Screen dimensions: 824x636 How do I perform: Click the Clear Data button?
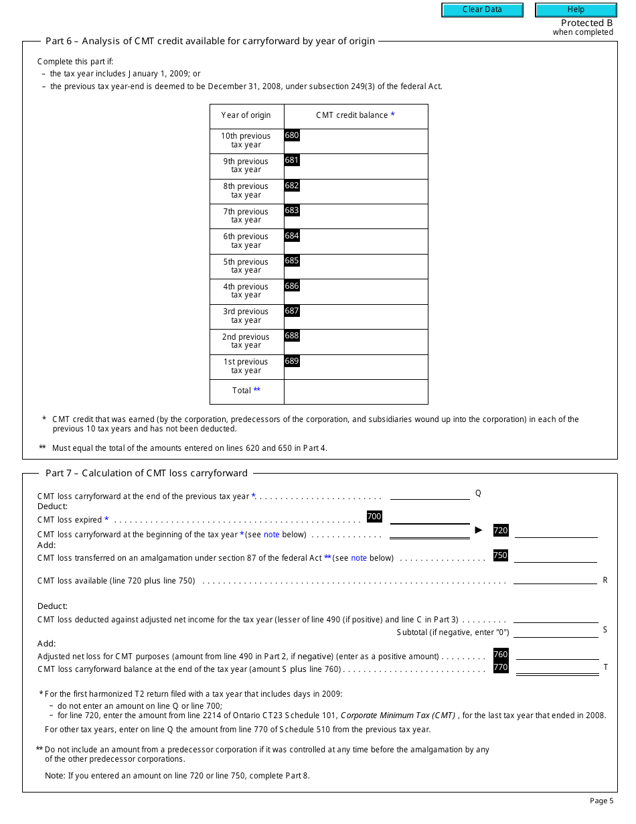point(481,10)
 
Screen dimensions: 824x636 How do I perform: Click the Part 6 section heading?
point(210,42)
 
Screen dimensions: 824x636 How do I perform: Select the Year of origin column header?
point(246,116)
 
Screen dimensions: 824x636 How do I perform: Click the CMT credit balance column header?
point(355,116)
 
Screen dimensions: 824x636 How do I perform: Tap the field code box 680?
point(292,135)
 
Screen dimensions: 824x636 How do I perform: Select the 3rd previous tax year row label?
point(246,316)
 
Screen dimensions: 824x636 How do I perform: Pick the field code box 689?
point(292,361)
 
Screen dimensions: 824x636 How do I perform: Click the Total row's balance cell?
point(355,392)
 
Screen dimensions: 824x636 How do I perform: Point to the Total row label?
point(246,391)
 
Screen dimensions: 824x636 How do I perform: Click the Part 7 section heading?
point(146,473)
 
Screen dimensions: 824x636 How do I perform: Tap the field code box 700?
point(374,517)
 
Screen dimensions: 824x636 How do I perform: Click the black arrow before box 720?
point(479,530)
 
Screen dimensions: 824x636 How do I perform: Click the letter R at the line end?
point(605,580)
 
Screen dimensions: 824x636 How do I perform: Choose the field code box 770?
point(501,667)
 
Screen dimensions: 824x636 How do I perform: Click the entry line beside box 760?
point(557,655)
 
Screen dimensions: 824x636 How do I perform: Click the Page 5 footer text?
point(601,801)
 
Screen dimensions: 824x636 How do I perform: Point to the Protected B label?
point(586,23)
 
